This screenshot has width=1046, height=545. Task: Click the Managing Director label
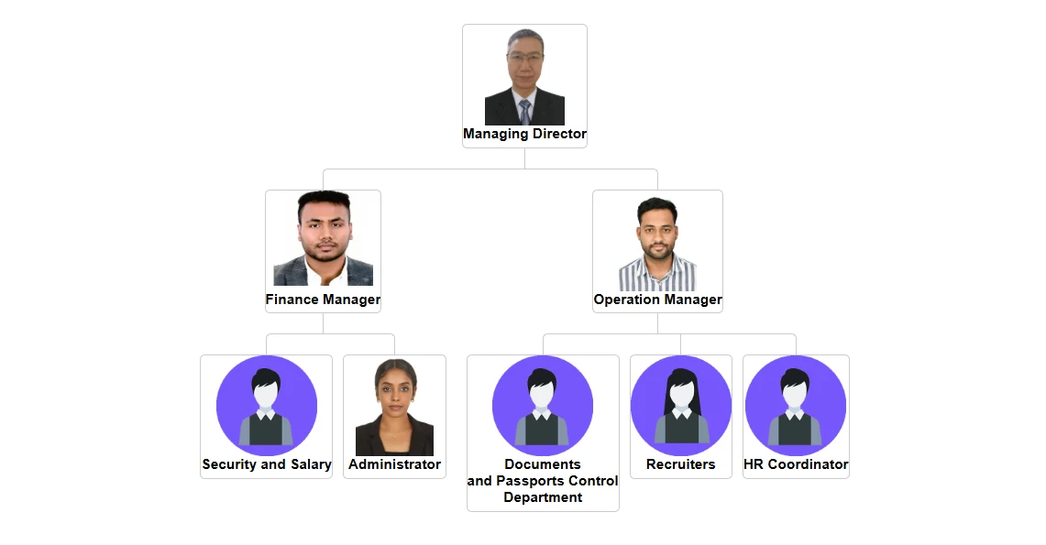524,134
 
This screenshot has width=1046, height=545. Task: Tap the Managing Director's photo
524,78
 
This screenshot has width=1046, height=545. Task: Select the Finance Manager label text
323,300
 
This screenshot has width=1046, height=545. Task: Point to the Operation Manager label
657,300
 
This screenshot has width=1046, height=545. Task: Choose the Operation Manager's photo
657,243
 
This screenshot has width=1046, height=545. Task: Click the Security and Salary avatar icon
266,406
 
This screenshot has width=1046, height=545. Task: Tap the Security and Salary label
266,464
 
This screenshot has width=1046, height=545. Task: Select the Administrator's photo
394,408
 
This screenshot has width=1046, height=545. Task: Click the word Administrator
394,464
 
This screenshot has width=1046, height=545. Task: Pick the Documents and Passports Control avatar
543,406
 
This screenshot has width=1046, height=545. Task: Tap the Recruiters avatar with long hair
680,406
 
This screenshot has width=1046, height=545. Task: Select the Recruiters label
680,464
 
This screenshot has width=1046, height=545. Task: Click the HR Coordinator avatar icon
796,406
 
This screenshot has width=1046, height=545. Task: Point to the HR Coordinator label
796,464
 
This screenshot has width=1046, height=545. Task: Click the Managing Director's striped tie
525,113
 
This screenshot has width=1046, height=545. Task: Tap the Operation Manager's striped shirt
657,274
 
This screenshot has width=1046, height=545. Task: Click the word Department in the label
543,497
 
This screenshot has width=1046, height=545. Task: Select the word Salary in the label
311,464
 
